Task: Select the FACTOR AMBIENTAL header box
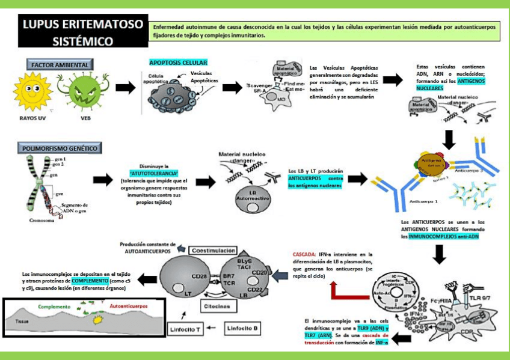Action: click(x=60, y=65)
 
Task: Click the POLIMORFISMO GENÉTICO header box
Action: click(x=60, y=148)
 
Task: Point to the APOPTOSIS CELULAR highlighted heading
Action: click(x=178, y=63)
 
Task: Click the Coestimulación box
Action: click(x=214, y=249)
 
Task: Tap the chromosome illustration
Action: click(x=42, y=186)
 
